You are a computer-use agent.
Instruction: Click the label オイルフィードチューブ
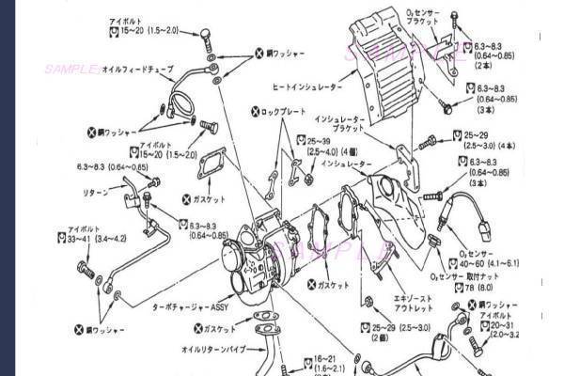(139, 70)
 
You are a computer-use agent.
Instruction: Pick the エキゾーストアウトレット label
(388, 301)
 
